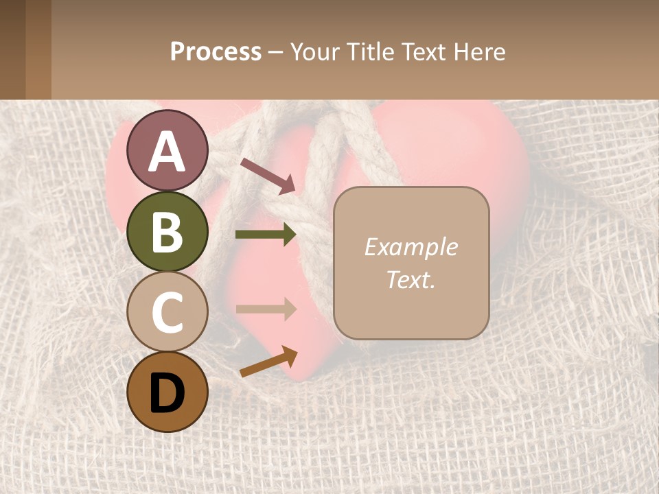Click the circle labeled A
point(167,150)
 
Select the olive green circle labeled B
point(167,231)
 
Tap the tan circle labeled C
point(167,311)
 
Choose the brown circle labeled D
point(167,392)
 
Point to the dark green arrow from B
point(266,235)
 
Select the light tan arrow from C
point(266,309)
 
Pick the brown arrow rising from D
point(268,362)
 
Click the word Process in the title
point(216,51)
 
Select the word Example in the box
point(411,247)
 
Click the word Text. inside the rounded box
point(411,279)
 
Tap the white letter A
point(167,151)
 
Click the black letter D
point(167,393)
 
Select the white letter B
point(167,232)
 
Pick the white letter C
point(167,312)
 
